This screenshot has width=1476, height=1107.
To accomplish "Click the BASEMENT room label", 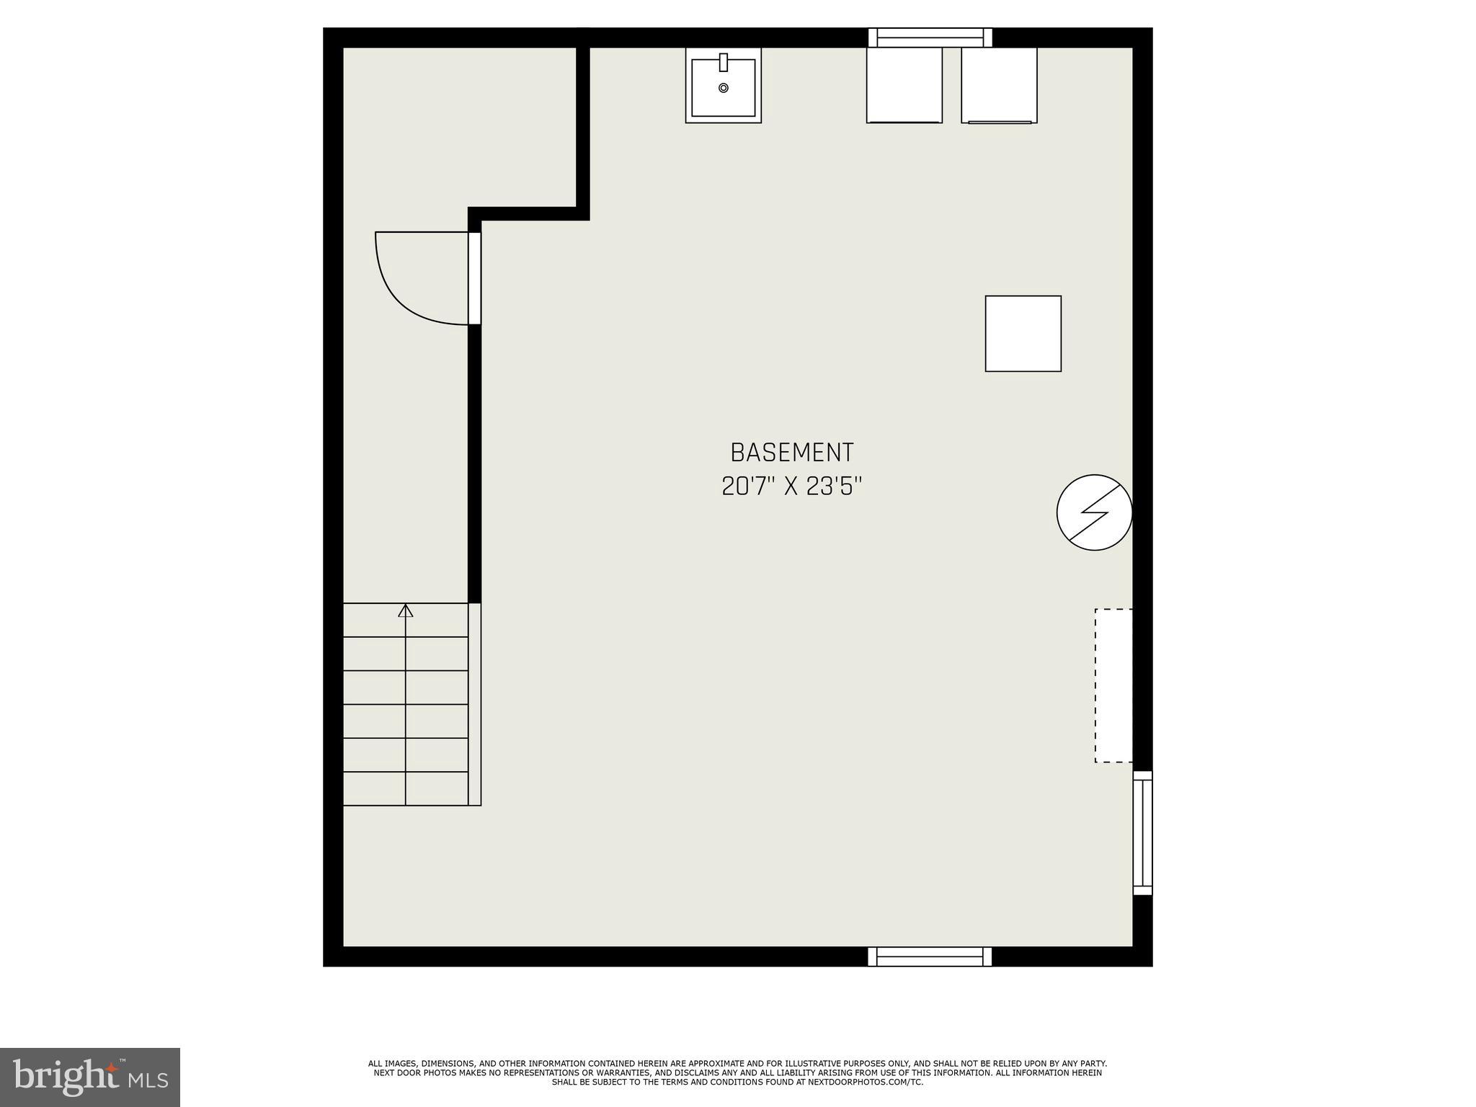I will tap(791, 453).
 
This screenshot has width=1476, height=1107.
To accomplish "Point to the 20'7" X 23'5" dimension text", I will tap(791, 486).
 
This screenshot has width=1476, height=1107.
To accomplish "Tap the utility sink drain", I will tap(724, 88).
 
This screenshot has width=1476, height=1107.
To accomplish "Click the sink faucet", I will tap(724, 63).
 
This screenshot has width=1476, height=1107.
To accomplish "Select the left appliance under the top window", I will tap(904, 85).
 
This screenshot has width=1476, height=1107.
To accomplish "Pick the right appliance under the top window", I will tap(999, 85).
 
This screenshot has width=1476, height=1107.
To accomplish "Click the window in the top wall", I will tap(930, 37).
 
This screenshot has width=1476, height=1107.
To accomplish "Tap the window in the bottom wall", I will tap(930, 956).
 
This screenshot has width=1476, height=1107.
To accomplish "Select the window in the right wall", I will tap(1142, 833).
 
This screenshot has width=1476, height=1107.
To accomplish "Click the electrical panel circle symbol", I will tap(1094, 512).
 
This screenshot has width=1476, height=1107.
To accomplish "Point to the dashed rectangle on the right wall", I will tap(1113, 685).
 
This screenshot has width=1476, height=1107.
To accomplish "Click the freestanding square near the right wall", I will tap(1023, 334).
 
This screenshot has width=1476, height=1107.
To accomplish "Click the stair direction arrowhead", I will tap(406, 611).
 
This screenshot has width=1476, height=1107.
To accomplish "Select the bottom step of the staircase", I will tap(405, 788).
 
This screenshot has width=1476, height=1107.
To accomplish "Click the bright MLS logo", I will tap(90, 1077).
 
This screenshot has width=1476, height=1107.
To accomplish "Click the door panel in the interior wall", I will tap(474, 278).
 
